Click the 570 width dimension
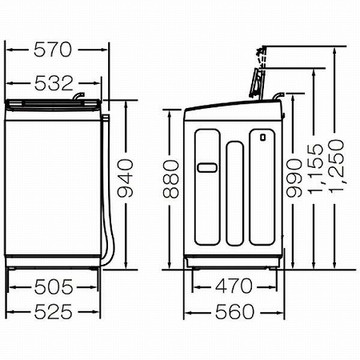[53, 50]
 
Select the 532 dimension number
[54, 83]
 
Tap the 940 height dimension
[126, 178]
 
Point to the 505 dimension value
[54, 287]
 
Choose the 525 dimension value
[54, 311]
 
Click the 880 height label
[171, 179]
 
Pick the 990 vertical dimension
[294, 178]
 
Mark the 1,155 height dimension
[316, 169]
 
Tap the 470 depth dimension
[234, 286]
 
